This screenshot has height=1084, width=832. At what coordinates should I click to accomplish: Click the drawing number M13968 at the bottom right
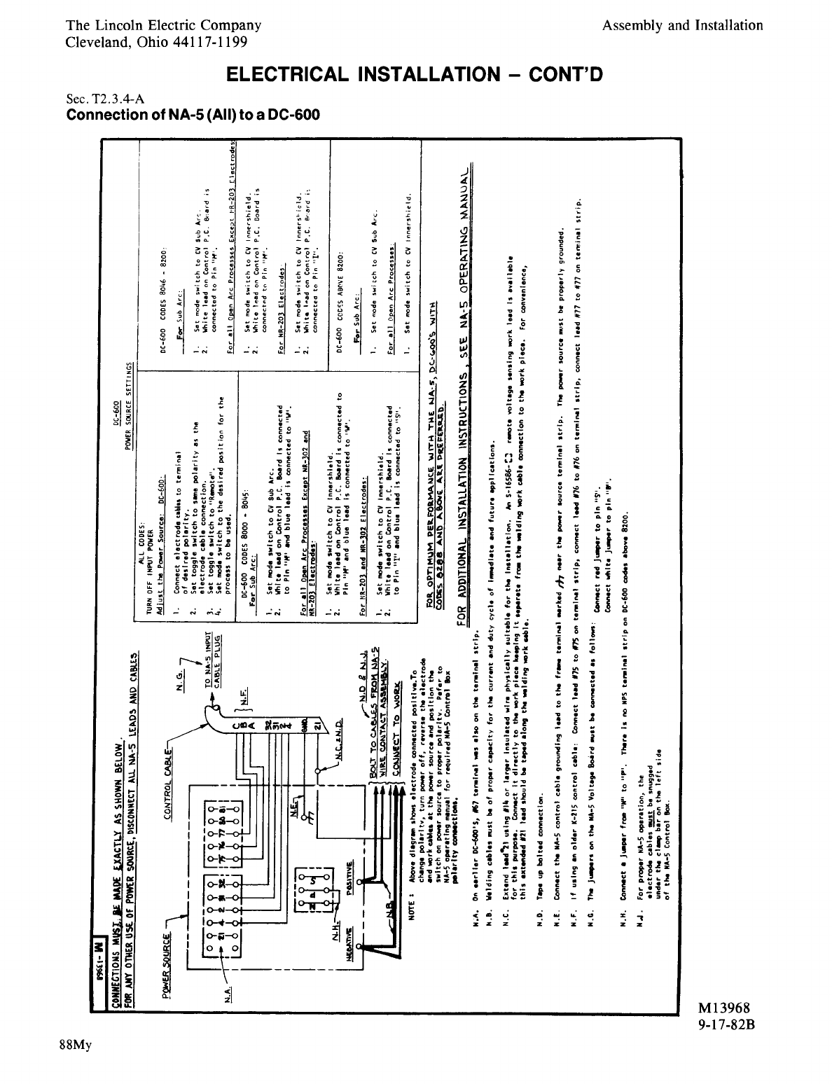(x=723, y=1008)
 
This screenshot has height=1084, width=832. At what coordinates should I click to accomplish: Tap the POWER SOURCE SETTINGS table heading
(x=130, y=403)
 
